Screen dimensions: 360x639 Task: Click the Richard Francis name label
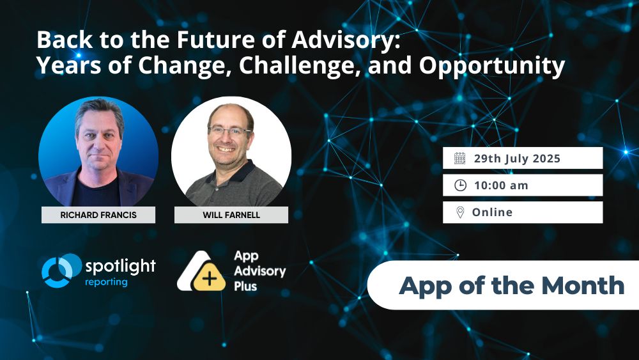[98, 215]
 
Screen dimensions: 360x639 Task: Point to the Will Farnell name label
[231, 215]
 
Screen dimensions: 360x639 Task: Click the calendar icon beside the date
[460, 159]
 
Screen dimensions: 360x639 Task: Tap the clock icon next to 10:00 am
[460, 185]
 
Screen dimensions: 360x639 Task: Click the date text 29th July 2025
[517, 159]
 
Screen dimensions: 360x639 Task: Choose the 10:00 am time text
[501, 185]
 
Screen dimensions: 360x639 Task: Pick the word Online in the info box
[492, 212]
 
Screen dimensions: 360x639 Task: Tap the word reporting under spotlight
[106, 282]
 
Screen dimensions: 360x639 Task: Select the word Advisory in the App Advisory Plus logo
[259, 271]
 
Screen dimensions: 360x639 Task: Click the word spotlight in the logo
[119, 266]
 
